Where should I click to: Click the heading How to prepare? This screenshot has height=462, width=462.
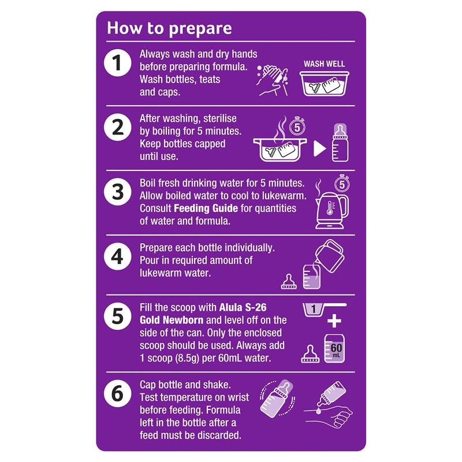[169, 29]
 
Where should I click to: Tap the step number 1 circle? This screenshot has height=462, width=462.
[118, 63]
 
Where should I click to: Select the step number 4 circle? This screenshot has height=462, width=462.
[118, 256]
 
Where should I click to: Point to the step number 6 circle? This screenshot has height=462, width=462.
[118, 394]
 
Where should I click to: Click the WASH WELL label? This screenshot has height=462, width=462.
[324, 64]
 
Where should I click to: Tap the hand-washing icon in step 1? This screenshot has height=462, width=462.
[272, 80]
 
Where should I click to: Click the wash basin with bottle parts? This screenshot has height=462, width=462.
[325, 83]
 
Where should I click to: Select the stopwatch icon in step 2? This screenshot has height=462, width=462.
[297, 126]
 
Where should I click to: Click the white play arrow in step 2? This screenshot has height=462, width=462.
[320, 148]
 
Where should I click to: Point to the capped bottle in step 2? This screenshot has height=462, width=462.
[340, 143]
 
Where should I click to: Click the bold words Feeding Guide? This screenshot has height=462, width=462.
[206, 208]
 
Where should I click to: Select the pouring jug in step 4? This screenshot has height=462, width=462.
[330, 256]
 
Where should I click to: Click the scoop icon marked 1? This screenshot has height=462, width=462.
[324, 310]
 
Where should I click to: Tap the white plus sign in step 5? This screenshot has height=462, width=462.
[334, 321]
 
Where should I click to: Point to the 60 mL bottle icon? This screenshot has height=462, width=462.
[334, 348]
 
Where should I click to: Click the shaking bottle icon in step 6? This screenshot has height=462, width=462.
[277, 398]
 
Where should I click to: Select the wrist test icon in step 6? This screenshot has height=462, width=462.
[329, 404]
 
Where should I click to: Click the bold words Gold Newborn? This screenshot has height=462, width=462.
[172, 320]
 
